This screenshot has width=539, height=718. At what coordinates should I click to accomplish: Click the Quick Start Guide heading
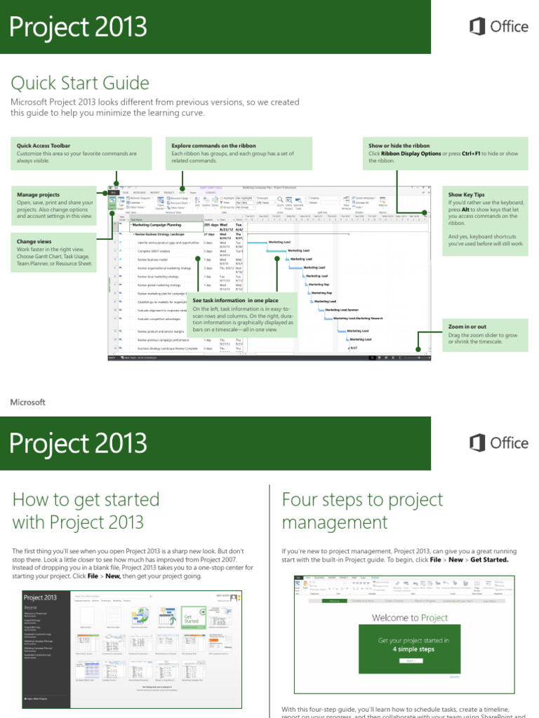(x=80, y=83)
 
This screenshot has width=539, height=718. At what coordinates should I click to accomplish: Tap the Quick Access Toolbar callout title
(x=44, y=146)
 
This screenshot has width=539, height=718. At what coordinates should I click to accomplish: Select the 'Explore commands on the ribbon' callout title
(x=213, y=146)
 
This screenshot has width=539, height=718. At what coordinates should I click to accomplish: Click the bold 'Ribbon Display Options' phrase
(x=411, y=154)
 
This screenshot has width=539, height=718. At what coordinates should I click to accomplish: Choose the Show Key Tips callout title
(x=466, y=194)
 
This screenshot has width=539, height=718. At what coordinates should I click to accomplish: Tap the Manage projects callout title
(x=38, y=194)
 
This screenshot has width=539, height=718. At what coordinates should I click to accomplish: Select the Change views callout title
(x=34, y=241)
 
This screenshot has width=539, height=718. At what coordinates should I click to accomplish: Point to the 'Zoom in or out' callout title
(x=467, y=327)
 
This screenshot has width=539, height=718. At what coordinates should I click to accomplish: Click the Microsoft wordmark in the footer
(x=28, y=402)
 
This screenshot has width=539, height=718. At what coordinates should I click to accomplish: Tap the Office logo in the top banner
(x=498, y=27)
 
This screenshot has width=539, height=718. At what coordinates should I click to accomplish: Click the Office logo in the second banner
(x=498, y=443)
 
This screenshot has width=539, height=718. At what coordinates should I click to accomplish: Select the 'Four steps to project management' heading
(x=362, y=510)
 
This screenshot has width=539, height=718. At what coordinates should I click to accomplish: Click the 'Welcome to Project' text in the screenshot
(x=410, y=618)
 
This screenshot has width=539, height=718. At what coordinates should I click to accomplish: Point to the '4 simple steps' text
(x=413, y=649)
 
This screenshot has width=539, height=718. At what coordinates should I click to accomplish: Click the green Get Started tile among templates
(x=191, y=617)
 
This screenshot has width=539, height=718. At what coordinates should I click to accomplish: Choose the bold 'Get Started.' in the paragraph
(x=489, y=560)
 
